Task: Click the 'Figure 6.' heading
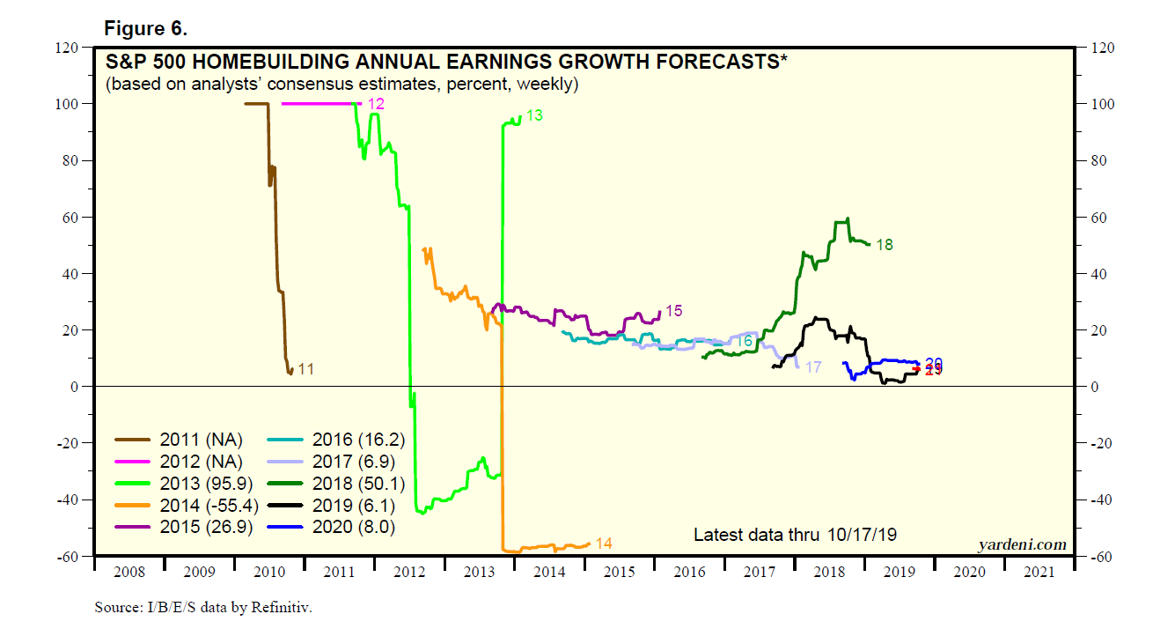coord(146,28)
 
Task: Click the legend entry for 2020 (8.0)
coord(351,527)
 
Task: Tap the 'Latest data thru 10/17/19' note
coord(796,535)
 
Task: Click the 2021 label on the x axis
coord(1039,572)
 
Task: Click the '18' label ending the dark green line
coord(884,245)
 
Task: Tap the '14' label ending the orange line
coord(604,544)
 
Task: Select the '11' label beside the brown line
coord(305,369)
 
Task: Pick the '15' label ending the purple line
coord(673,311)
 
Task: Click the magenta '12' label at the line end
coord(376,104)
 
